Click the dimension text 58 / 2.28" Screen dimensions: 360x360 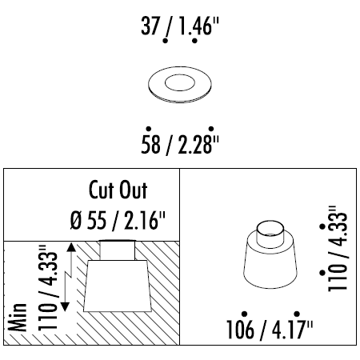(x=179, y=146)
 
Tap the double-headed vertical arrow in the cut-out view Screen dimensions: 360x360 (x=73, y=276)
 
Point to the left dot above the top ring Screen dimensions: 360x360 (x=165, y=40)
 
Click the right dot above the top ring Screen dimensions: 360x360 (x=194, y=40)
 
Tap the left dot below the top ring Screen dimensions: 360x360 (x=148, y=128)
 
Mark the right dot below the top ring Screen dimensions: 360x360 (x=210, y=128)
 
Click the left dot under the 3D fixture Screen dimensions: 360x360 (x=242, y=314)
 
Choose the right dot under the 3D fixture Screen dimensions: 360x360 (x=297, y=314)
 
